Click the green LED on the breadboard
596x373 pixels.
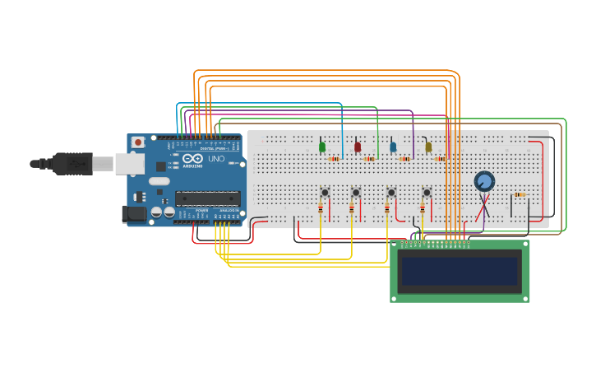[x=321, y=147]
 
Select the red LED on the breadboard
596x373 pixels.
[x=357, y=147]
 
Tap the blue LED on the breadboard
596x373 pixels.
[x=392, y=147]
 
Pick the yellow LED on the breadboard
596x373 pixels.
[x=427, y=147]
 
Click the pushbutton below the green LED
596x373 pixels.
[x=325, y=193]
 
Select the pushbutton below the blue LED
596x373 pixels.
[x=391, y=193]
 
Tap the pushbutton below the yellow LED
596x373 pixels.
[x=427, y=193]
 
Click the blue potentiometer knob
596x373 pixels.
[x=484, y=181]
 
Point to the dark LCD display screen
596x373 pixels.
[x=459, y=270]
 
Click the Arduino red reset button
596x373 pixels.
[x=138, y=142]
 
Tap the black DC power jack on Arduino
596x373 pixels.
[x=134, y=214]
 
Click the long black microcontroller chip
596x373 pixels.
[x=207, y=198]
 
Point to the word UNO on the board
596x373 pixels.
[x=216, y=159]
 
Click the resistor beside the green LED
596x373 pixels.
[x=334, y=159]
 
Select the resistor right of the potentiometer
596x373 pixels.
[x=519, y=195]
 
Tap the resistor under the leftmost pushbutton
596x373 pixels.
[x=319, y=210]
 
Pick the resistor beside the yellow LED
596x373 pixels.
[x=440, y=159]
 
